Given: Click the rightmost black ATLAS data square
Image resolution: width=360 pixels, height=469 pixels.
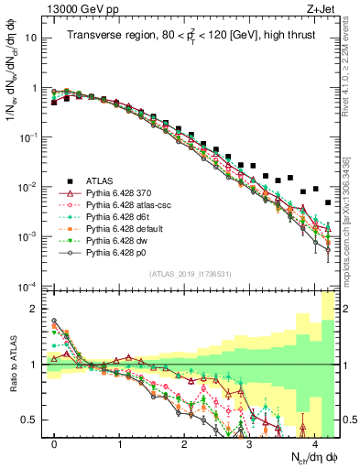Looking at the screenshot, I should pos(328,202).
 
